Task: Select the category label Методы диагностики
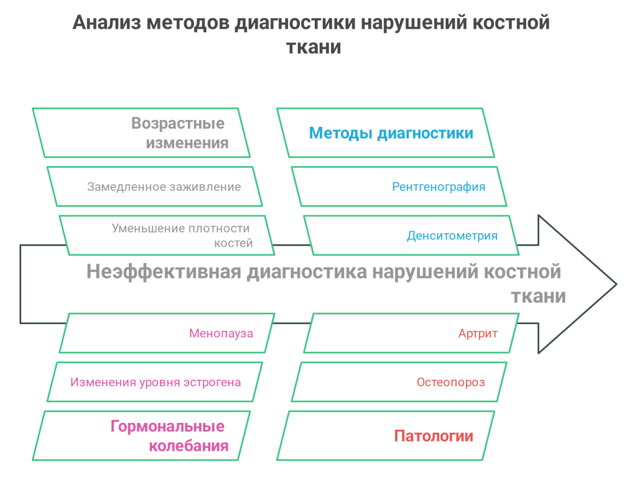click(391, 133)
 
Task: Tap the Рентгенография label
click(439, 187)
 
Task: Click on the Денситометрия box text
click(452, 236)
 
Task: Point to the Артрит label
click(478, 333)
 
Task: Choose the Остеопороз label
click(451, 382)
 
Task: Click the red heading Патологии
click(434, 436)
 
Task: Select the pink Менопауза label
click(221, 333)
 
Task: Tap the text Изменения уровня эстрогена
click(156, 382)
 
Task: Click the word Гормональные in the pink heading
click(167, 427)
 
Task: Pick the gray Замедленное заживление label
click(164, 187)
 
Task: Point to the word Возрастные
click(177, 123)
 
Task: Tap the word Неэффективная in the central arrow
click(163, 272)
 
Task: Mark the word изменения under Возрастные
click(187, 143)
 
